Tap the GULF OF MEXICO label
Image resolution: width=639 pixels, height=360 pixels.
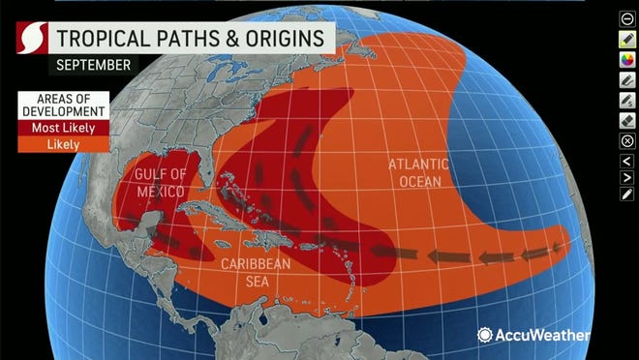[159, 181]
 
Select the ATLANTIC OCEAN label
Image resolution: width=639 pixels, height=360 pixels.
[414, 171]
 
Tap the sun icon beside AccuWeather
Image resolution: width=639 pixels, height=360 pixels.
[485, 334]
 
